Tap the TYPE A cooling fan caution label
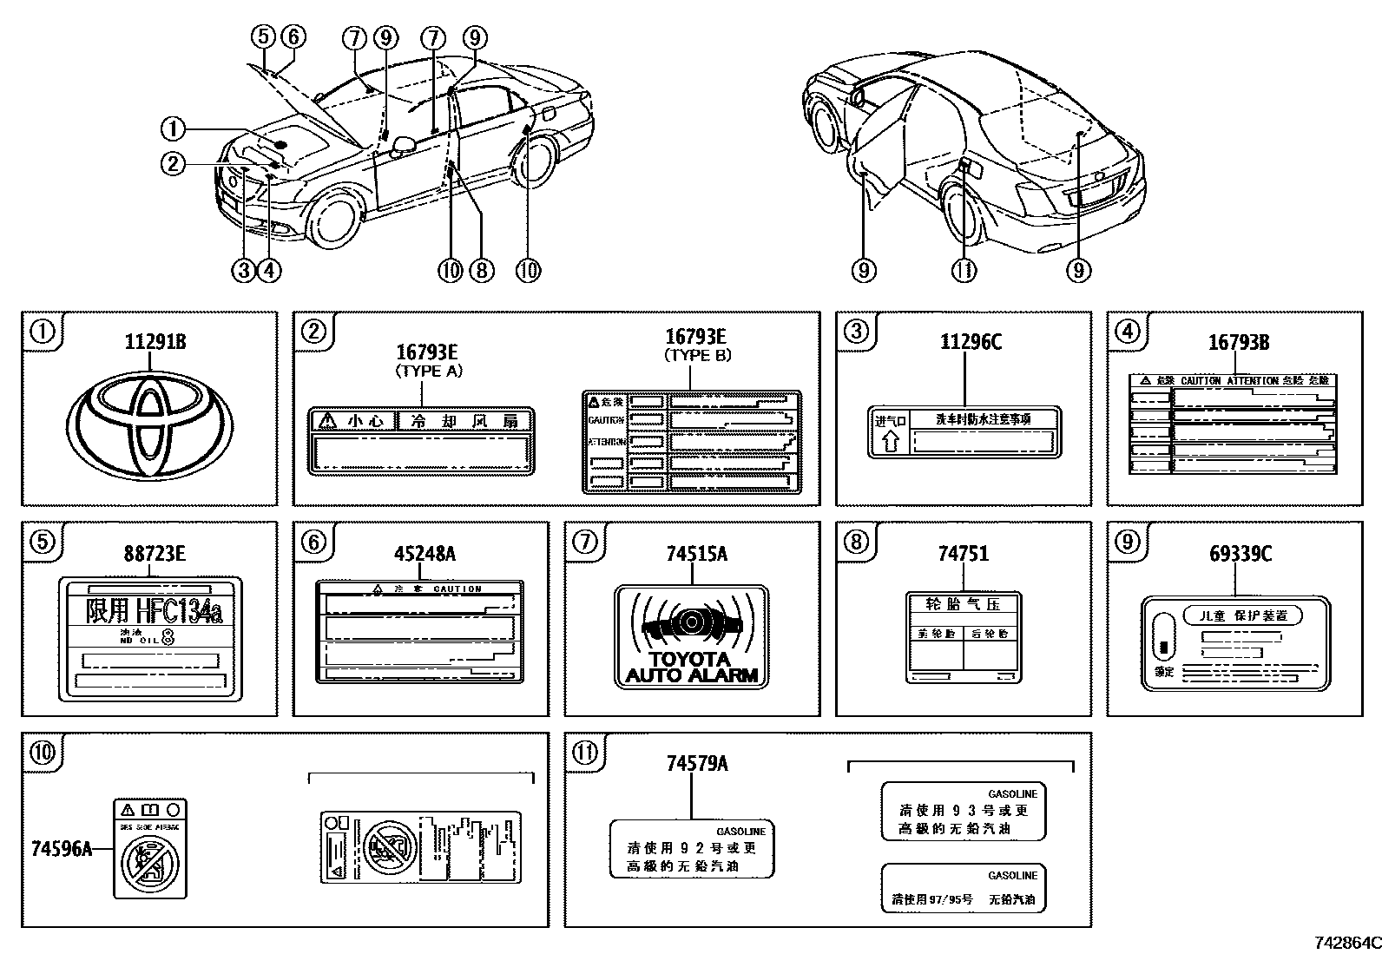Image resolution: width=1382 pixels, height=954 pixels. click(x=422, y=442)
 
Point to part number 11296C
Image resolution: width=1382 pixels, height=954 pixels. click(x=970, y=341)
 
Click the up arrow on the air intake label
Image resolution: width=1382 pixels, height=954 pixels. click(x=890, y=442)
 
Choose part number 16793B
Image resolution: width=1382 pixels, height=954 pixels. click(x=1238, y=343)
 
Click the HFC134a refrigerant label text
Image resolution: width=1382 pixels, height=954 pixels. click(x=154, y=611)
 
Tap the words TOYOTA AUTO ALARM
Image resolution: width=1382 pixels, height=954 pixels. click(x=691, y=667)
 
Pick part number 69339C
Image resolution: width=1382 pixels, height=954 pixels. click(x=1240, y=554)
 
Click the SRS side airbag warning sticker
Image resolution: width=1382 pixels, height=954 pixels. click(x=150, y=848)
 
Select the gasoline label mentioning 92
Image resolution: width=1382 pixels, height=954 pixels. click(x=692, y=848)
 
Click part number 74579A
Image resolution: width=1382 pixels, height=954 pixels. click(x=697, y=763)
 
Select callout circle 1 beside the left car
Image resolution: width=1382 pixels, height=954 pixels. click(x=173, y=130)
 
